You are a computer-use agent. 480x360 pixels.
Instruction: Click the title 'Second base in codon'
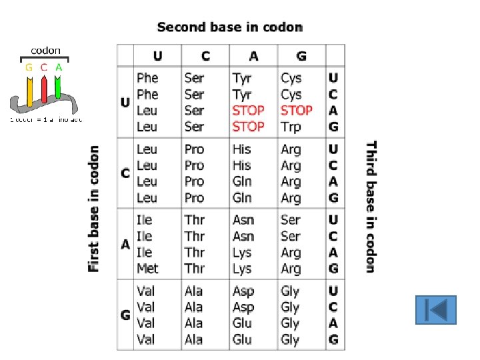(x=229, y=27)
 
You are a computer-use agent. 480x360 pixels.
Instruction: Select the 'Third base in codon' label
(x=371, y=206)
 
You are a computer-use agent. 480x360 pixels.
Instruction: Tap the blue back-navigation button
(x=435, y=310)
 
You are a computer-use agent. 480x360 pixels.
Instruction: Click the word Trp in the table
(x=291, y=127)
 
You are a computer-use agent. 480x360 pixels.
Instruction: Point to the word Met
(x=147, y=269)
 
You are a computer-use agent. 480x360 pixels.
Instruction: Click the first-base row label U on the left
(x=125, y=103)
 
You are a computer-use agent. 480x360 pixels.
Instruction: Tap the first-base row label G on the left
(x=125, y=315)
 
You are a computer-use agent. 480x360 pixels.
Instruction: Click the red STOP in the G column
(x=297, y=111)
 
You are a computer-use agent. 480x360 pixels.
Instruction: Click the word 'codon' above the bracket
(x=46, y=50)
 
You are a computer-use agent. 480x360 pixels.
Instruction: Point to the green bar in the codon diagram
(x=58, y=91)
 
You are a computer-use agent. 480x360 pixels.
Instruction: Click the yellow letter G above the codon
(x=29, y=67)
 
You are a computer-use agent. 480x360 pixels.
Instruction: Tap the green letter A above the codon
(x=59, y=67)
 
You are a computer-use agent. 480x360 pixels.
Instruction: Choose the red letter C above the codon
(x=43, y=67)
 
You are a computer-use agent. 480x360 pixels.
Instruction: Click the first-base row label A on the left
(x=125, y=245)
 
